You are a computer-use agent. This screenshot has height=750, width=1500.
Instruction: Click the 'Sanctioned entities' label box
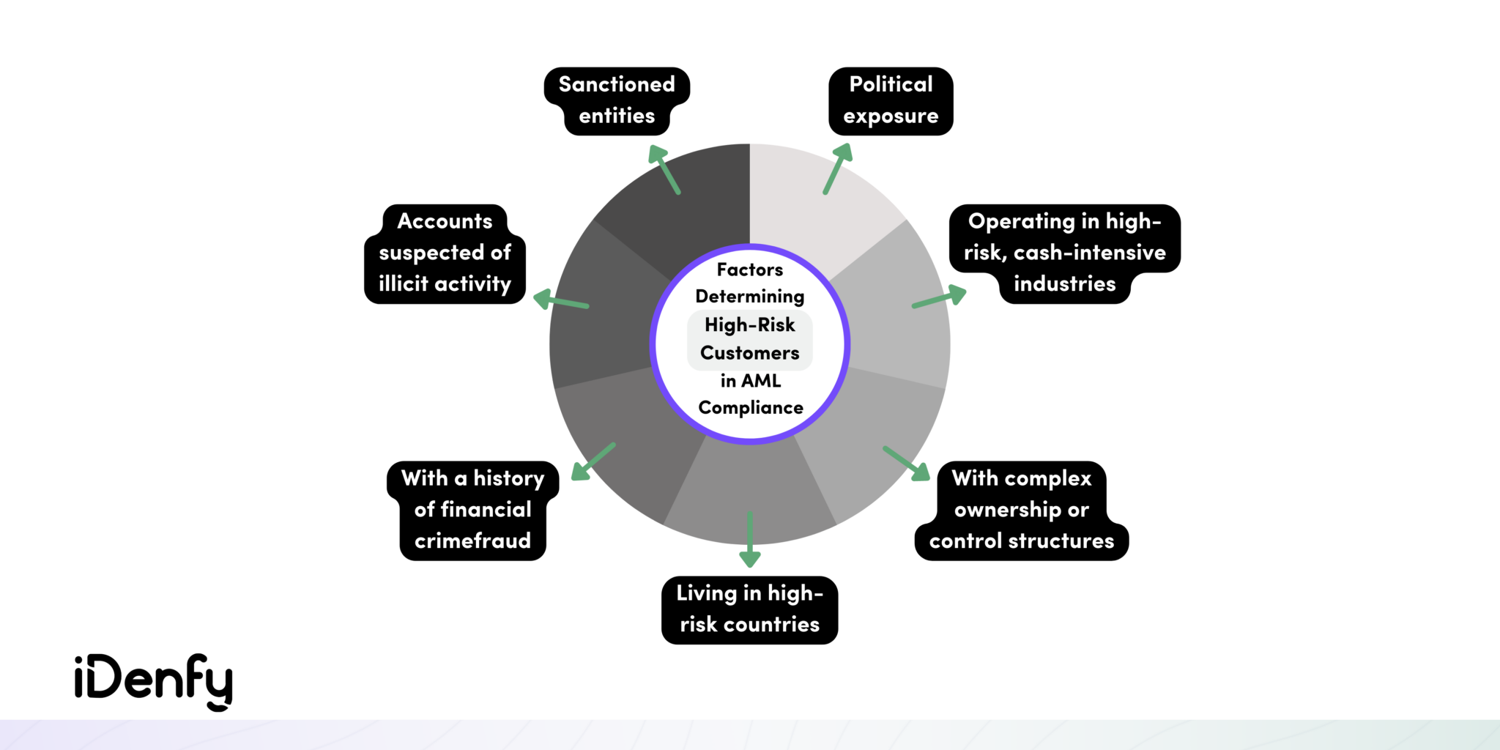click(x=617, y=100)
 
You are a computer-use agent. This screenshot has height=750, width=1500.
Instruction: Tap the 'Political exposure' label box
click(x=891, y=100)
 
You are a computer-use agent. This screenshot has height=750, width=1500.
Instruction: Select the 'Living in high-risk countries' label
click(x=749, y=609)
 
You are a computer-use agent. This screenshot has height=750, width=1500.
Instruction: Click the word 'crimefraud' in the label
click(x=472, y=541)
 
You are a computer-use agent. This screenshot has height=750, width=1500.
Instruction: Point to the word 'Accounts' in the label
click(x=445, y=221)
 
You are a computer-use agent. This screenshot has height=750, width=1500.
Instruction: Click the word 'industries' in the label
click(x=1064, y=284)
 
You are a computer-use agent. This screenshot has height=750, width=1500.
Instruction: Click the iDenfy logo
click(x=154, y=681)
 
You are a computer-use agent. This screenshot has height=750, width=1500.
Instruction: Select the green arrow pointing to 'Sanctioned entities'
click(x=664, y=169)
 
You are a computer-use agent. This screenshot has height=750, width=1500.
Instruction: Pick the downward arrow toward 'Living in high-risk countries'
click(x=749, y=540)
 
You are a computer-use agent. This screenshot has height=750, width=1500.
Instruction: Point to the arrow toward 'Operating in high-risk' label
click(x=939, y=298)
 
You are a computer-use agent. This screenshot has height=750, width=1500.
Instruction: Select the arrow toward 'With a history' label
click(x=593, y=461)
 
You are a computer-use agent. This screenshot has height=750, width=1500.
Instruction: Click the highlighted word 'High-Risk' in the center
click(x=749, y=324)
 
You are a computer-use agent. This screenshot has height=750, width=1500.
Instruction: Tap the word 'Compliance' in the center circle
click(x=750, y=408)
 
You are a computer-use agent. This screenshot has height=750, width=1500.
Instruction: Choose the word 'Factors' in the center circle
click(x=749, y=270)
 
